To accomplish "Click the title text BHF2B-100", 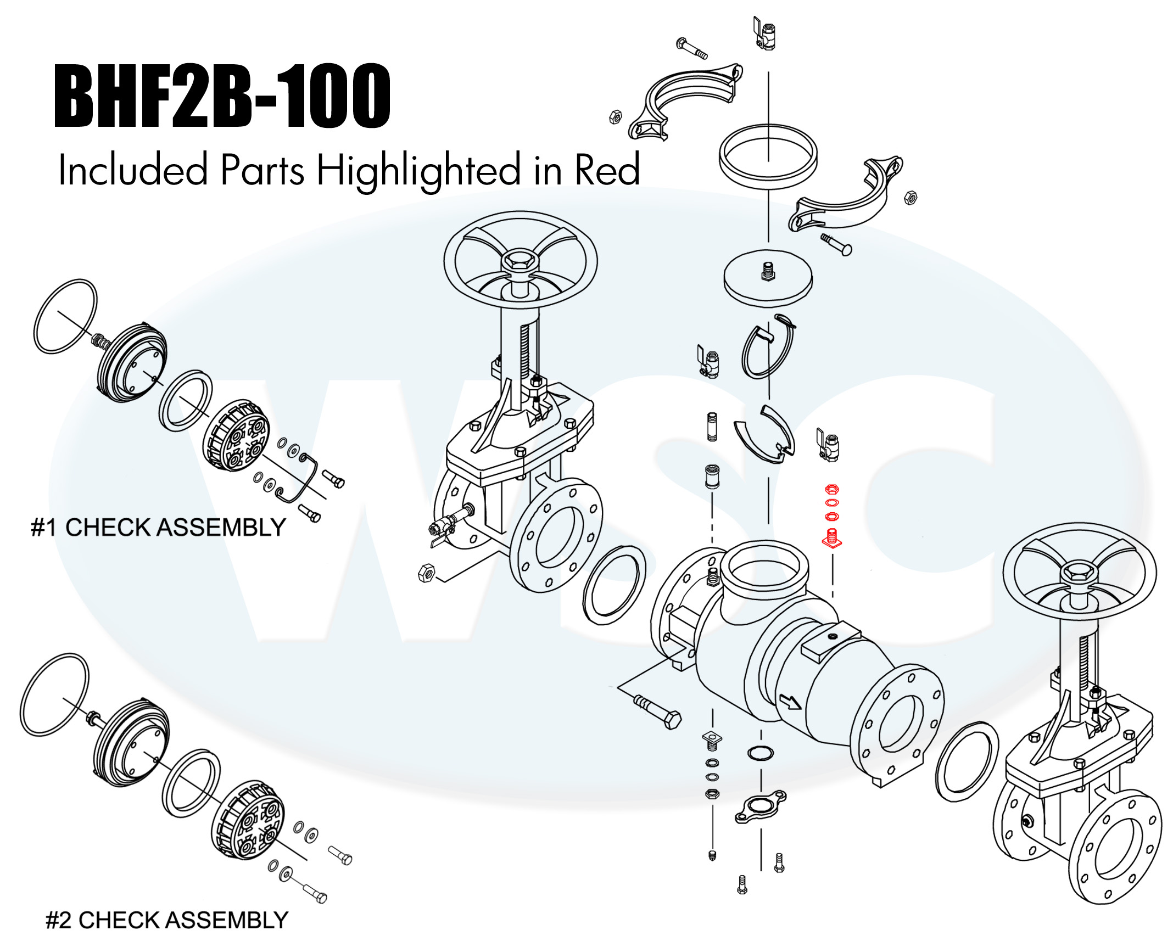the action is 222,96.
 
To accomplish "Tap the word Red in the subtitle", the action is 607,170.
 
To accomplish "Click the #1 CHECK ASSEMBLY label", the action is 158,528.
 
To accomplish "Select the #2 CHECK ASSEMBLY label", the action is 166,920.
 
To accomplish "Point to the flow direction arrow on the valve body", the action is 790,702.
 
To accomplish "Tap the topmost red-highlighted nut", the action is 832,489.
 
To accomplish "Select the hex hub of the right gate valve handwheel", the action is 1080,573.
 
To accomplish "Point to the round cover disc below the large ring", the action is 768,278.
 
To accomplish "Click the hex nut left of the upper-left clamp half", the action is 615,117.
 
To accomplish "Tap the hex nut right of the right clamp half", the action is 910,198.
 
